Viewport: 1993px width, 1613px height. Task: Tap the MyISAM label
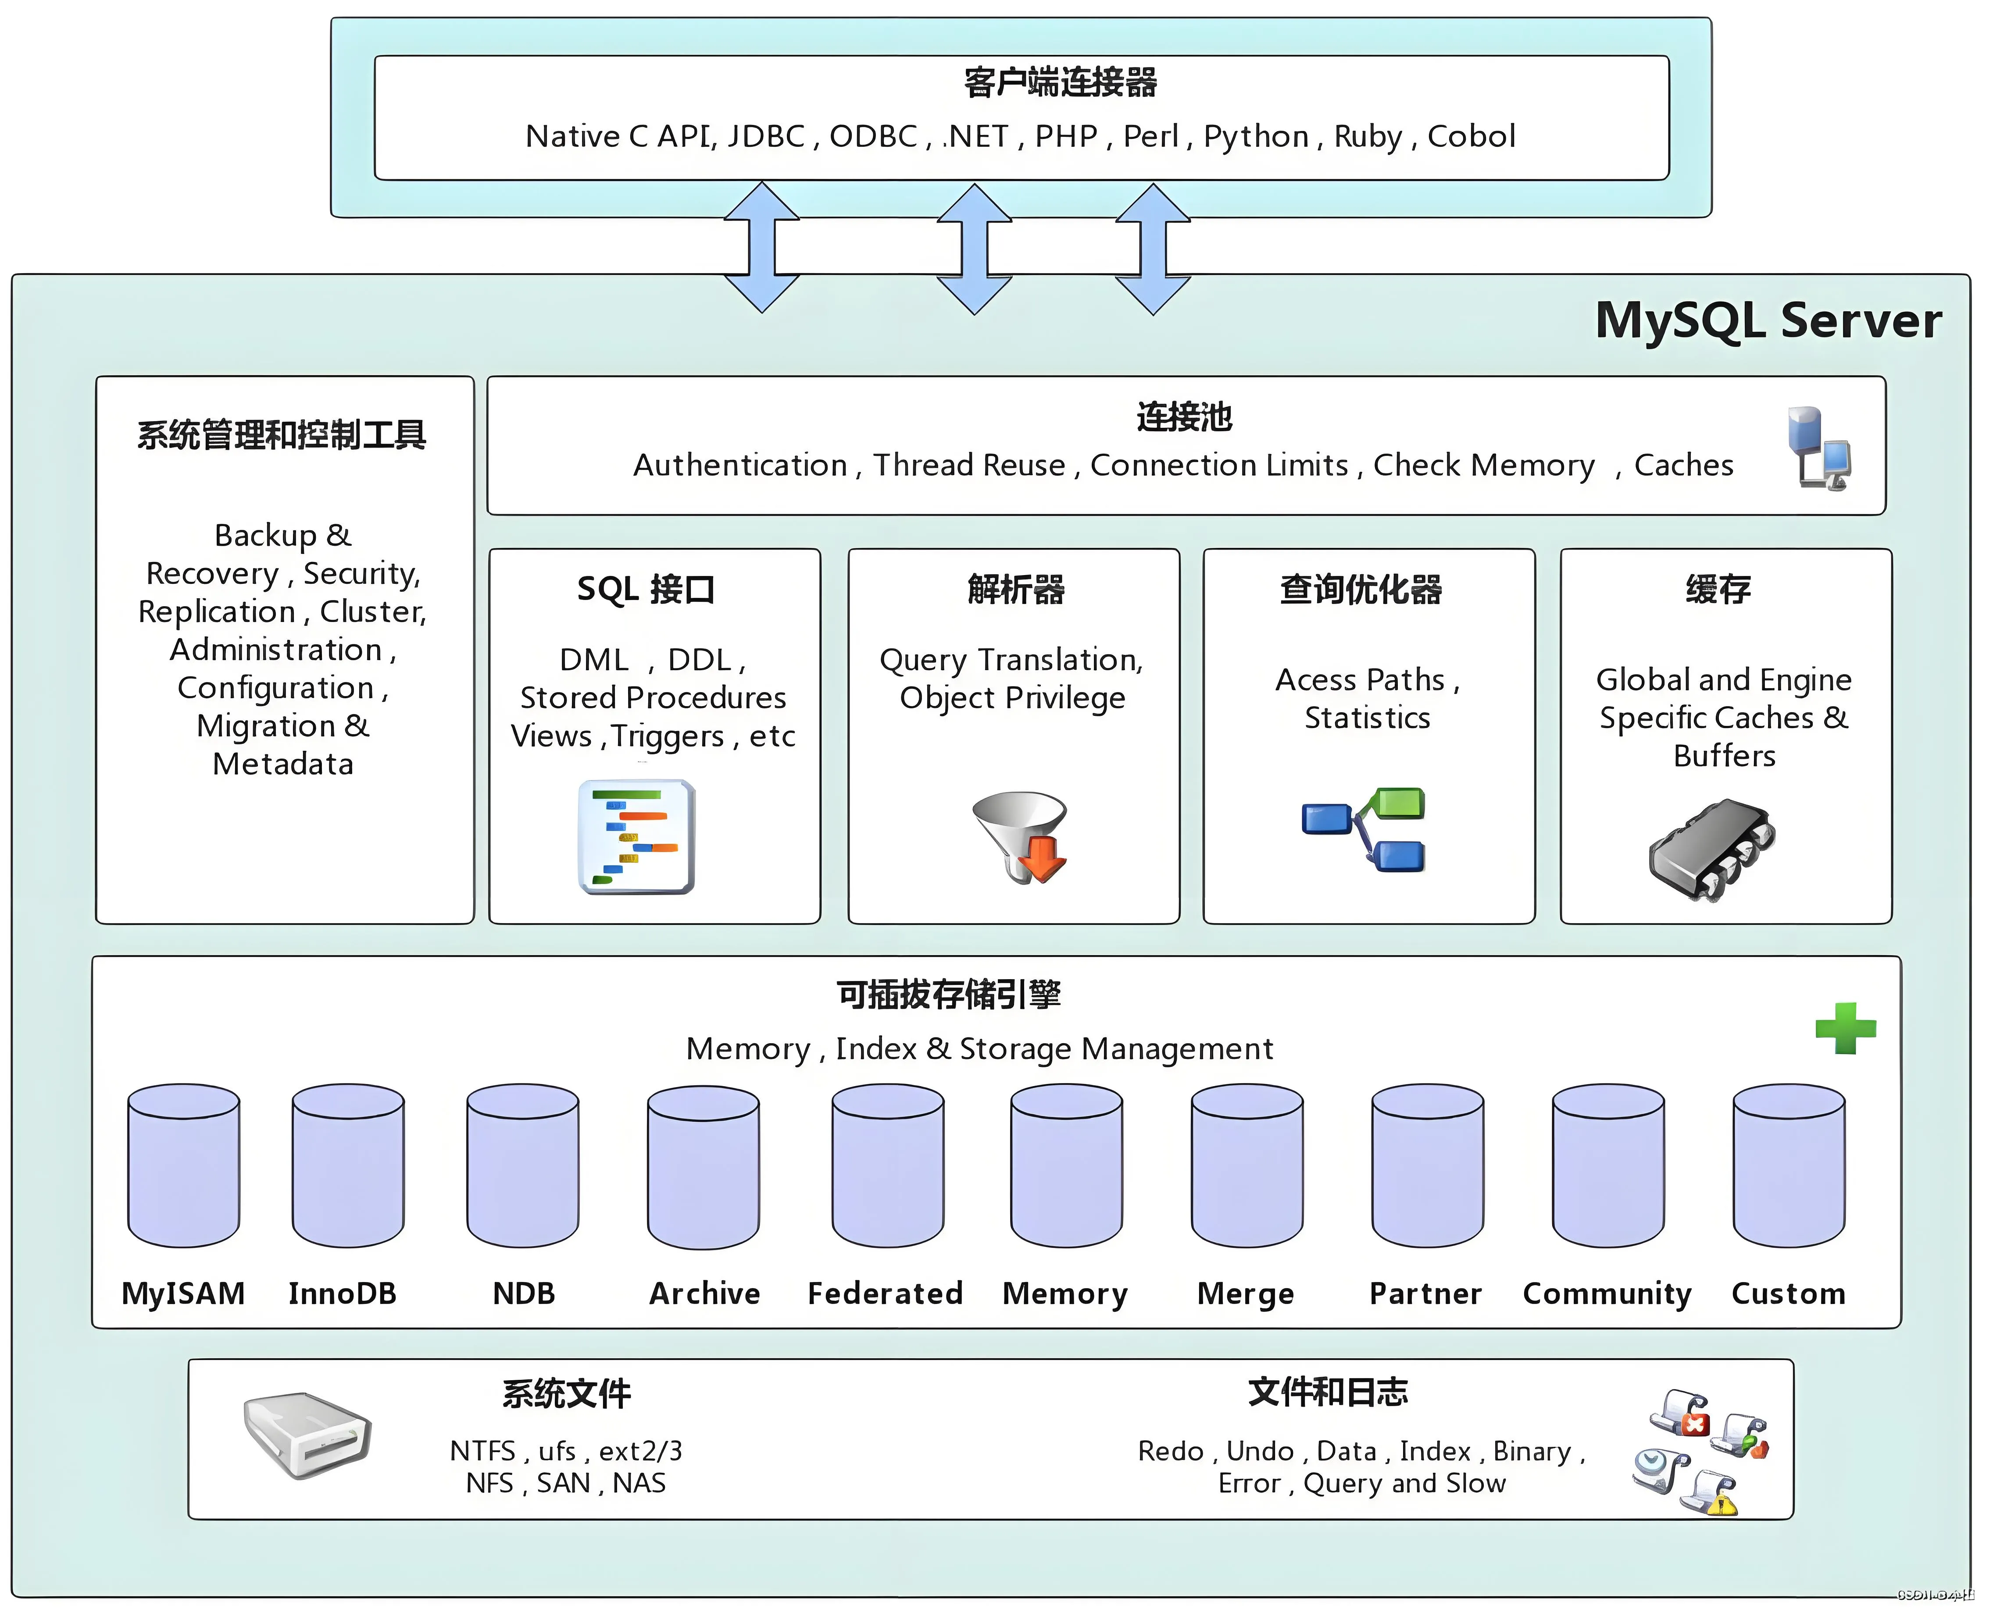click(x=183, y=1293)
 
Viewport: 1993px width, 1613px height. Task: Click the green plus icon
click(x=1845, y=1029)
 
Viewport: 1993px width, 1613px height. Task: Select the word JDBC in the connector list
click(x=766, y=137)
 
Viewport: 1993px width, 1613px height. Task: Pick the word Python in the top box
click(x=1256, y=137)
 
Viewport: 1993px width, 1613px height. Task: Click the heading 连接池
click(x=1183, y=416)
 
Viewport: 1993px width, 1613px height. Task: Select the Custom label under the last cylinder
click(x=1788, y=1293)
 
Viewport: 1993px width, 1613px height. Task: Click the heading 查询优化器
click(x=1360, y=589)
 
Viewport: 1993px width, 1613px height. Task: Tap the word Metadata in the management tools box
click(x=282, y=764)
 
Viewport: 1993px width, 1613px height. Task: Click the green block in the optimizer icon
click(x=1398, y=803)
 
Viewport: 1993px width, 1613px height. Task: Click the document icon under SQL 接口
click(x=637, y=836)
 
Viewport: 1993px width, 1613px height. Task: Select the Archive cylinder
click(x=704, y=1166)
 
